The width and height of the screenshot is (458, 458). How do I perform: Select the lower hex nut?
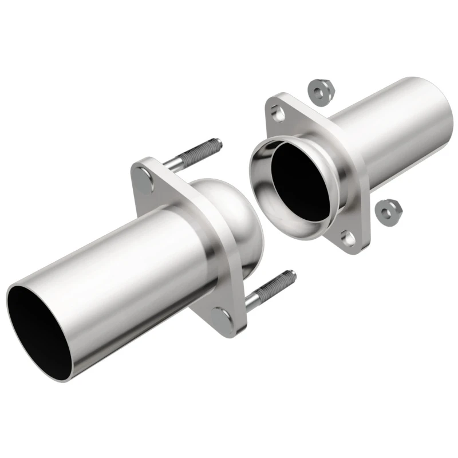(388, 210)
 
